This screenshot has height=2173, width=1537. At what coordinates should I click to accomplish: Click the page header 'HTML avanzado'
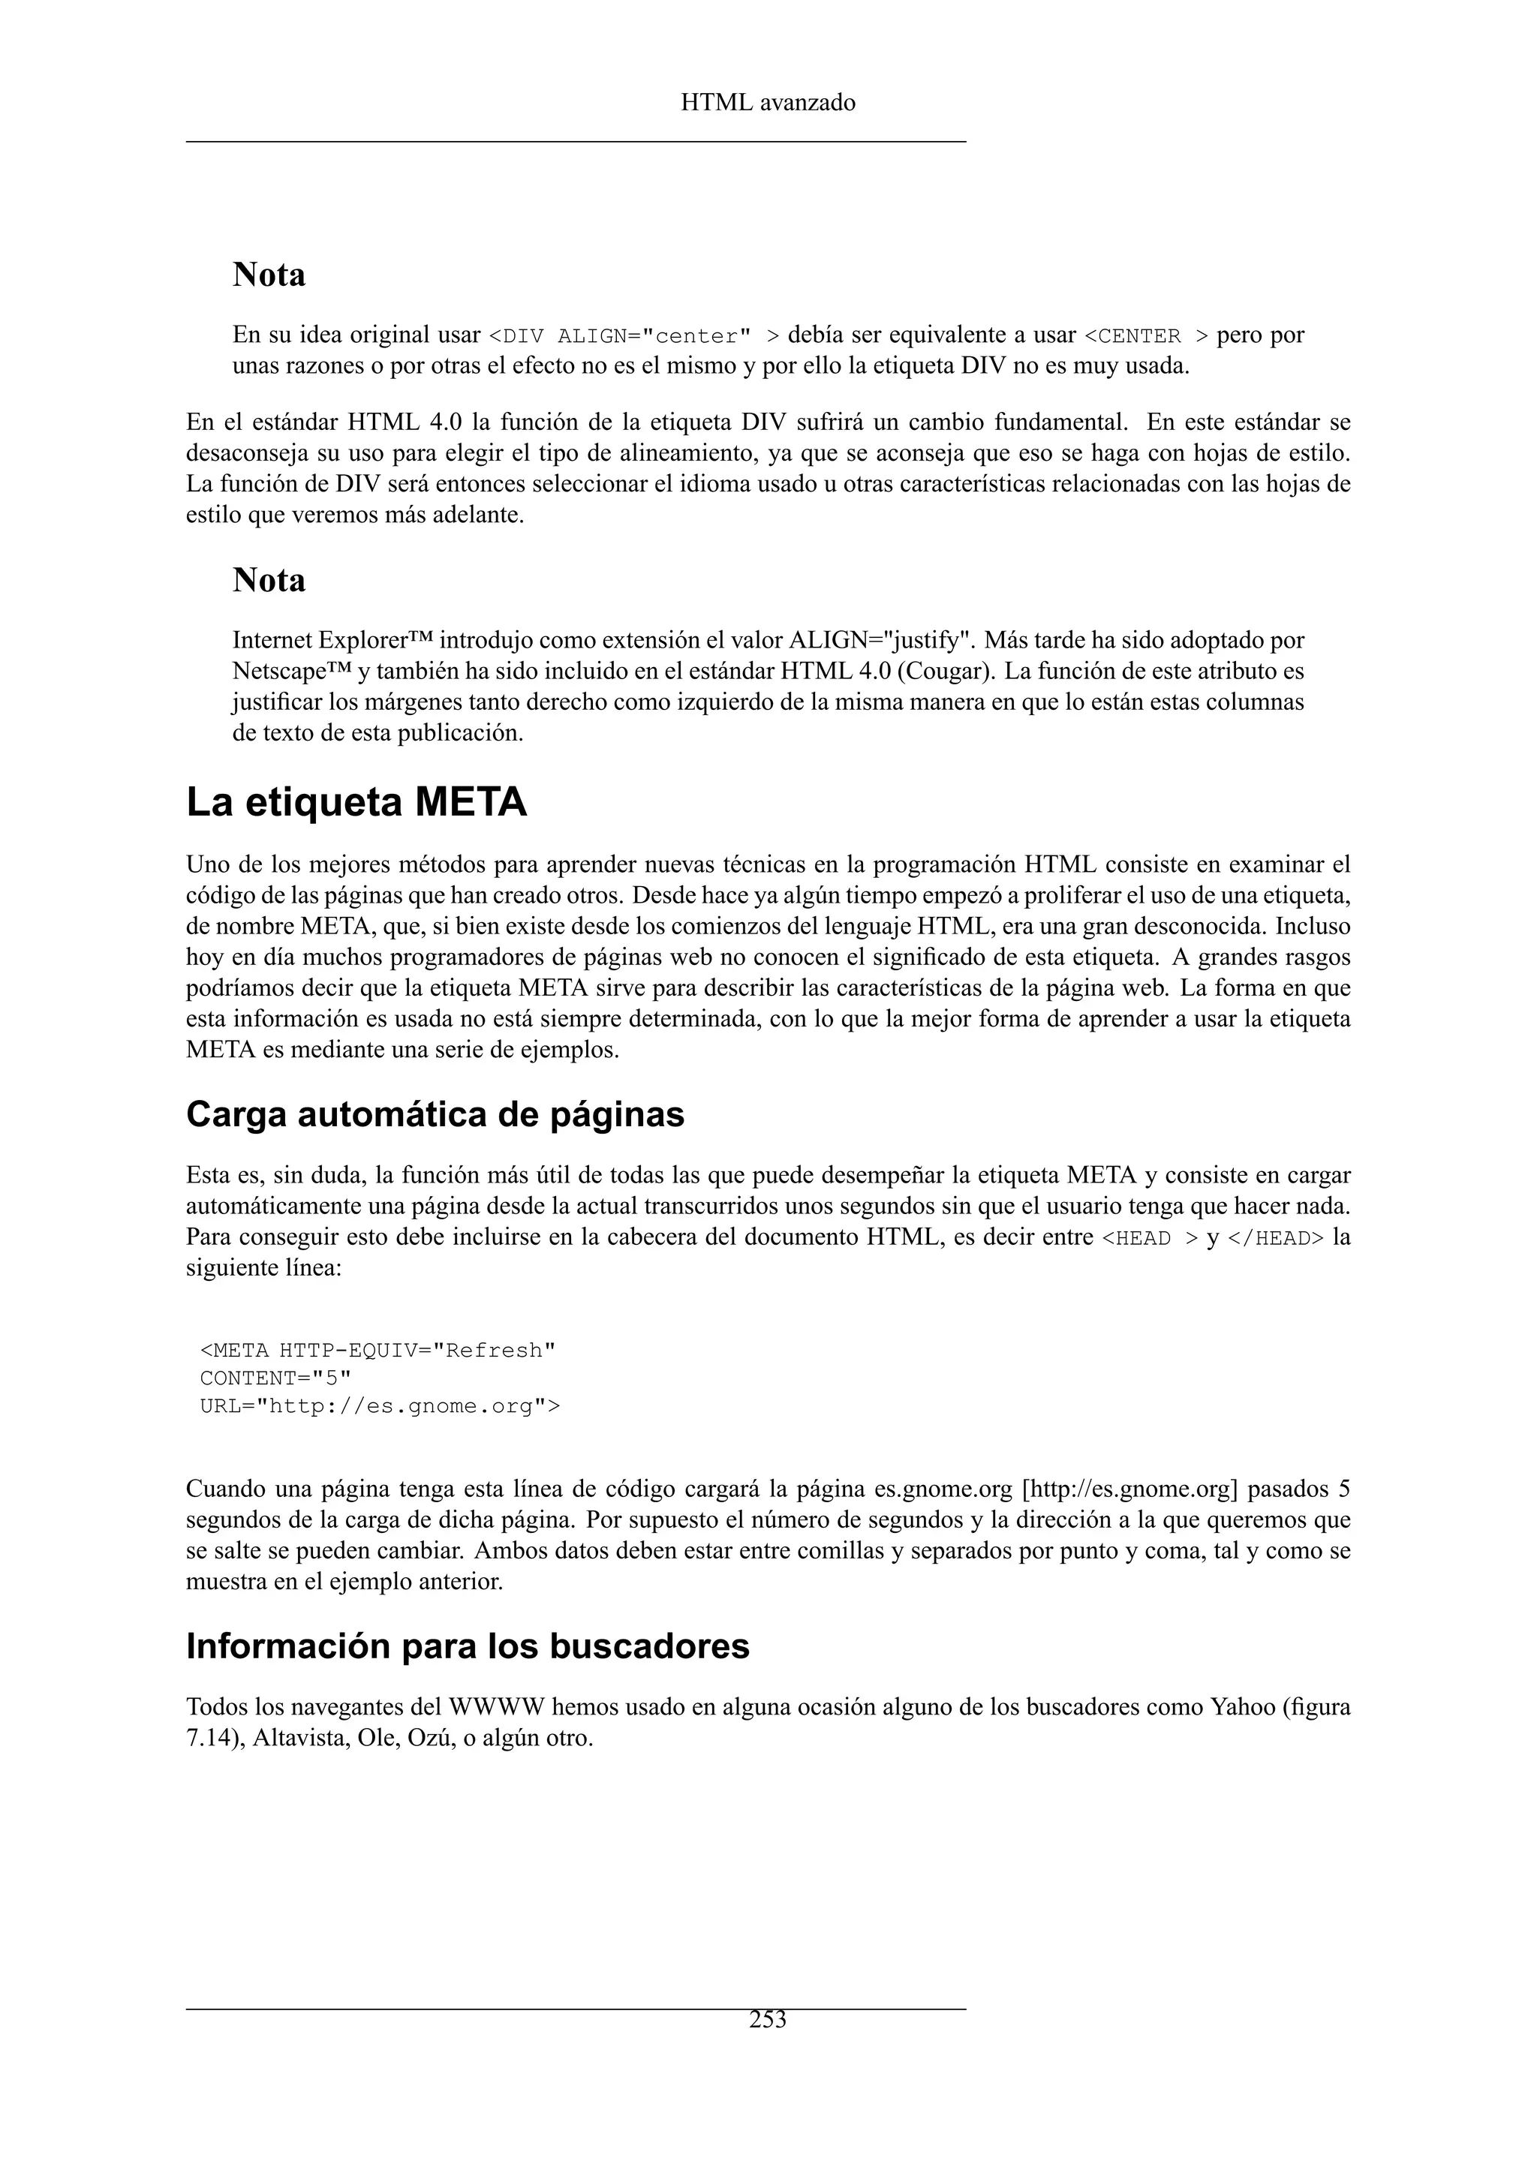tap(768, 102)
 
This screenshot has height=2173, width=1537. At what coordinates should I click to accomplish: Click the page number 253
tap(768, 2021)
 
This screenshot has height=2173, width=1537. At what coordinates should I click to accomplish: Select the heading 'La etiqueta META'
tap(356, 804)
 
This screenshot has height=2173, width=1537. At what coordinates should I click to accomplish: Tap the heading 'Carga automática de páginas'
tap(435, 1115)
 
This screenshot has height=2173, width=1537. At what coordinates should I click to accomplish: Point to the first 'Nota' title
tap(269, 275)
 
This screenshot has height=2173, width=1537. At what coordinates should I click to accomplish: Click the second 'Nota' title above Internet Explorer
tap(269, 580)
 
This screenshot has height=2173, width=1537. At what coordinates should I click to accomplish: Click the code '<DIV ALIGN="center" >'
tap(634, 337)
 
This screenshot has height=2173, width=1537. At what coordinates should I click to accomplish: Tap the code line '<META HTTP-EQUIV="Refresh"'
tap(377, 1351)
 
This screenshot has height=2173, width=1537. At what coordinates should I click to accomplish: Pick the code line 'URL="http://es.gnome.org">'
tap(380, 1406)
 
